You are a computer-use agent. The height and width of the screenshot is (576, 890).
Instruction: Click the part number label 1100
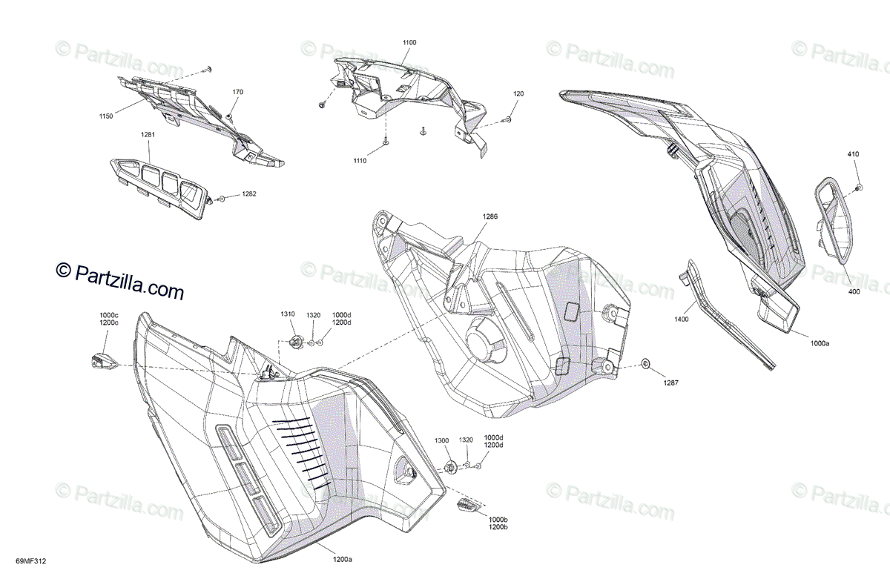click(x=409, y=44)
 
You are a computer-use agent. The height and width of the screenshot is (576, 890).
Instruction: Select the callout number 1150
click(x=105, y=116)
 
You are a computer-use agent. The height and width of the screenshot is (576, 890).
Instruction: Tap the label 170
click(x=237, y=93)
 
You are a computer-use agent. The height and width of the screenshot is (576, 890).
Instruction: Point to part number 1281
click(x=148, y=135)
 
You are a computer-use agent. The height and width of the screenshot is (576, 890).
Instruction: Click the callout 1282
click(x=248, y=195)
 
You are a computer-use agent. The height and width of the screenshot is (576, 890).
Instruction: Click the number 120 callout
click(x=518, y=94)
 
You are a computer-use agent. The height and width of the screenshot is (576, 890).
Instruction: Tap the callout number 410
click(x=854, y=154)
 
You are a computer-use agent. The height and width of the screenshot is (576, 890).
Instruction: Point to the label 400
click(x=854, y=292)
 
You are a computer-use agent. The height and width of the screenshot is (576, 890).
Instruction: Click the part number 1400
click(x=681, y=320)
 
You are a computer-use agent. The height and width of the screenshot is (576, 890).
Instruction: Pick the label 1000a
click(x=820, y=344)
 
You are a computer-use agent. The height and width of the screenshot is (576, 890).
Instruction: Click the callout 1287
click(x=670, y=383)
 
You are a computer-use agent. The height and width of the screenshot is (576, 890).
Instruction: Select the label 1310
click(x=288, y=314)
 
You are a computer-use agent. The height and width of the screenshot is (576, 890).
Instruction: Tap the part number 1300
click(x=442, y=440)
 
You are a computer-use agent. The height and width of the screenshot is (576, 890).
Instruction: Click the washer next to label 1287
click(x=645, y=364)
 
